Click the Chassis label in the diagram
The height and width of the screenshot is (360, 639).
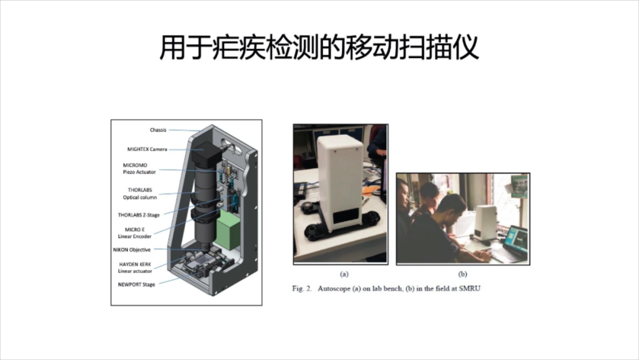[x=158, y=130]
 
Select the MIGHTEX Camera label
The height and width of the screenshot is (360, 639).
[x=147, y=149]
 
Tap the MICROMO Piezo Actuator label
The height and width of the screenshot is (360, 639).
[x=140, y=169]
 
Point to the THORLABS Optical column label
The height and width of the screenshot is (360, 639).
[x=140, y=194]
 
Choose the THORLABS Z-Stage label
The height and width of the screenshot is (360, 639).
[x=138, y=215]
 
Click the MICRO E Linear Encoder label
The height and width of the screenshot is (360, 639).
[x=134, y=233]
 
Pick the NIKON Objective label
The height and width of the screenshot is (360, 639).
[x=131, y=249]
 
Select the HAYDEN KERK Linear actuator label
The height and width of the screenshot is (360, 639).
[x=135, y=268]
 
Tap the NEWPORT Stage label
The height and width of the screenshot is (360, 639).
[x=136, y=285]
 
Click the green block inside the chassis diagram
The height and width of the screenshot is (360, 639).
[x=228, y=230]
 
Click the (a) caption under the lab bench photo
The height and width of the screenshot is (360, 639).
[x=344, y=274]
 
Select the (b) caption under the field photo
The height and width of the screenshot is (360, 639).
[x=463, y=274]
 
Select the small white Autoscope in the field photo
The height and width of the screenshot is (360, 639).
[x=486, y=222]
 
